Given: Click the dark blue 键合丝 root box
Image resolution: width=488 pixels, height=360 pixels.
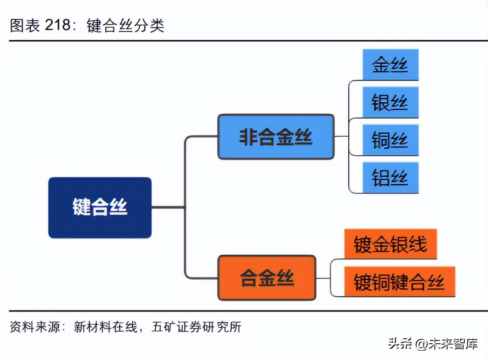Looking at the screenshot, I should click(x=100, y=207).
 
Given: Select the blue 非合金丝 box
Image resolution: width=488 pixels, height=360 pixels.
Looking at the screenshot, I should click(x=276, y=137).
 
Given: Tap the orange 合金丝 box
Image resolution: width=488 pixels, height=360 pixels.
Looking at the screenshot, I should click(x=267, y=278).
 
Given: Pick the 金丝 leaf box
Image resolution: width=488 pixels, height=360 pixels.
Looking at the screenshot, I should click(x=390, y=64).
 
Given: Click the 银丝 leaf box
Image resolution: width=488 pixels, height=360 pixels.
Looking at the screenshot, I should click(x=390, y=102).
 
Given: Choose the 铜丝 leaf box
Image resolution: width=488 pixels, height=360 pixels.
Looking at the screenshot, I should click(x=390, y=140).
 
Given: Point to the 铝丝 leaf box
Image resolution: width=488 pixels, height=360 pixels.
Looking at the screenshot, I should click(x=390, y=178).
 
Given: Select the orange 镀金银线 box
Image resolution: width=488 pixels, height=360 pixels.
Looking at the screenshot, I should click(x=390, y=244).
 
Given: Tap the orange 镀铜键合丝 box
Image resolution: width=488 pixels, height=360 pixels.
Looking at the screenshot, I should click(x=399, y=282).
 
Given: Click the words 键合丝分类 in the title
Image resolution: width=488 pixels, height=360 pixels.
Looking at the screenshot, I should click(x=125, y=26).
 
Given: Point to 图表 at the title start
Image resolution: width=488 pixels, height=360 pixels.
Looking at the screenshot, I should click(x=25, y=26).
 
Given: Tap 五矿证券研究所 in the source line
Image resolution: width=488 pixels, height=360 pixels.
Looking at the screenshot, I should click(x=196, y=327).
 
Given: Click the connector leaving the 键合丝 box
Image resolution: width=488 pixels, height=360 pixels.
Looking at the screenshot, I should click(x=167, y=207).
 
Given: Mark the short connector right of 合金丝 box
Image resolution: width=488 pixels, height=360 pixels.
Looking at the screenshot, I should click(x=323, y=278).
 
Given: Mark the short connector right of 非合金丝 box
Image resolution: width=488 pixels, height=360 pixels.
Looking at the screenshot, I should click(x=341, y=137).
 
